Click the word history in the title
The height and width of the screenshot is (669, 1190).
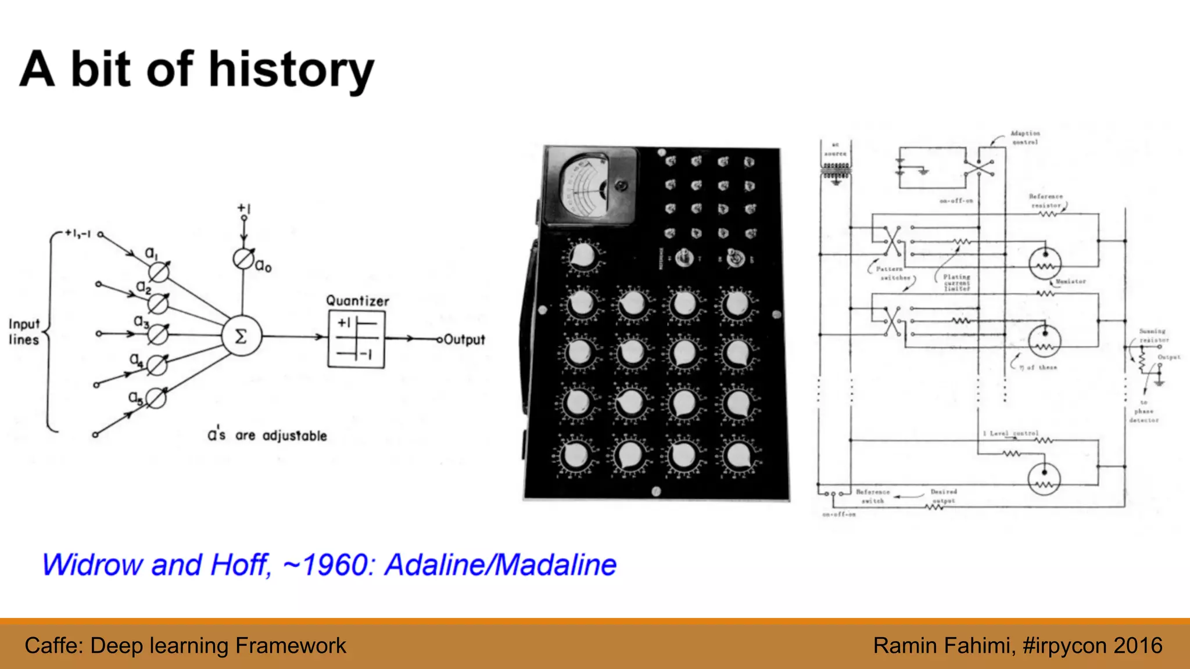(x=291, y=70)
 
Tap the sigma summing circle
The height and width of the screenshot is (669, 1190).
(x=241, y=336)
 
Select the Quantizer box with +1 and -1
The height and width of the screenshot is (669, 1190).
(x=356, y=339)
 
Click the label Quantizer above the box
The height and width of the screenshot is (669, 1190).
(x=357, y=301)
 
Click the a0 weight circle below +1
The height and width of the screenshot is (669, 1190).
(x=243, y=259)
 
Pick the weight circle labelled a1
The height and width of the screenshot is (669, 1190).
(x=159, y=271)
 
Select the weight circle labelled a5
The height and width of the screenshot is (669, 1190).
(x=156, y=398)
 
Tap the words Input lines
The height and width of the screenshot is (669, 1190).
(x=24, y=332)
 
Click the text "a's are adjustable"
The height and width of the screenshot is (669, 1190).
(x=267, y=436)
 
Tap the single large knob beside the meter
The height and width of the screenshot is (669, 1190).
(x=583, y=256)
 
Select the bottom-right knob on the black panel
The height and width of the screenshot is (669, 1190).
(x=739, y=456)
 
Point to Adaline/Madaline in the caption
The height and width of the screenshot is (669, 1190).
(x=501, y=564)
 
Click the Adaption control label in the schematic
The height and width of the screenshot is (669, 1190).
(x=1024, y=138)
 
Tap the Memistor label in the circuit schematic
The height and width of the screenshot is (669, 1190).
(x=1070, y=282)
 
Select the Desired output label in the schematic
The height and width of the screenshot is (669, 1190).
(x=944, y=496)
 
